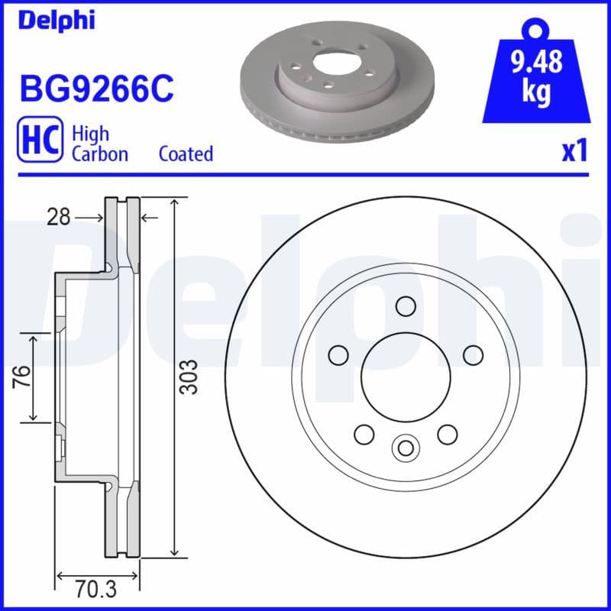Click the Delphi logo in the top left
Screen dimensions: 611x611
[56, 21]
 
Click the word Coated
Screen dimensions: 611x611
[186, 154]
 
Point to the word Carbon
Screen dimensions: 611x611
[99, 154]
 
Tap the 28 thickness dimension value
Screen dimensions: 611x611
[57, 218]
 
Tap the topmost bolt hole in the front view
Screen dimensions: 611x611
[406, 306]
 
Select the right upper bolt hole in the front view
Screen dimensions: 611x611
[474, 354]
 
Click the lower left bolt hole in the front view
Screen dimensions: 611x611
[364, 434]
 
